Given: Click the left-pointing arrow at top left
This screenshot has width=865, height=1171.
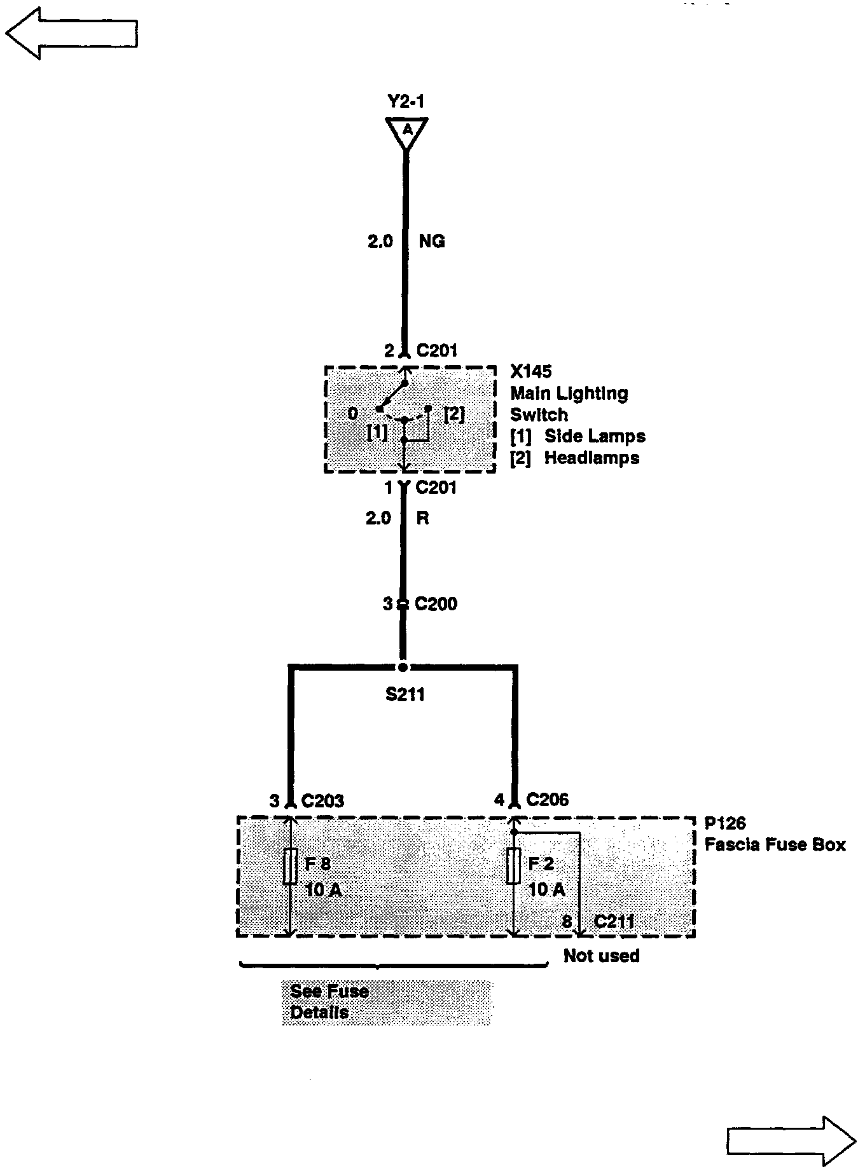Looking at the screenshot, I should click(71, 33).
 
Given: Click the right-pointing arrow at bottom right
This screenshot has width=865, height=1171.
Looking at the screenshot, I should click(791, 1142).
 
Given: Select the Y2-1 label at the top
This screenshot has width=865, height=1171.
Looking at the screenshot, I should click(406, 102).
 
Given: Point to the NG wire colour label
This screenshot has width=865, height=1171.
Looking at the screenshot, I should click(432, 242).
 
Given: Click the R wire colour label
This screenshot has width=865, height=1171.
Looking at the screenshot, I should click(422, 519).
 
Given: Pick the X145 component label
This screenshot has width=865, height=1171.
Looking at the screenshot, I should click(531, 371).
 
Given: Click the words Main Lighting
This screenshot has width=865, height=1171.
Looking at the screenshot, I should click(569, 394).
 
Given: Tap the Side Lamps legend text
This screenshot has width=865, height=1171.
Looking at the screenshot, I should click(594, 437).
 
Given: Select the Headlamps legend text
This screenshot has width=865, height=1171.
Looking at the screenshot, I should click(592, 458).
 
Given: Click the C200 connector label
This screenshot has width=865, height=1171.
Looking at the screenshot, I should click(436, 604).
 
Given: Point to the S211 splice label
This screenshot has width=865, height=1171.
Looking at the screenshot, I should click(405, 695).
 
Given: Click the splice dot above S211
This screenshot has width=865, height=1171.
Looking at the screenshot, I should click(403, 668).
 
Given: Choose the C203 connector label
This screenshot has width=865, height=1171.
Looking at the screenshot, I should click(322, 800).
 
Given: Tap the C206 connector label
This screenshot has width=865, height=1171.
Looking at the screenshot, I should click(548, 800).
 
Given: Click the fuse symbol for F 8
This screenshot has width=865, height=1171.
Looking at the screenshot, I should click(290, 866).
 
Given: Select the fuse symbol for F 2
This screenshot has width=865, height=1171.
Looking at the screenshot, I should click(514, 866).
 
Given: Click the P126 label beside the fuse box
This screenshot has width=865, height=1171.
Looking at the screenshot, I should click(725, 823).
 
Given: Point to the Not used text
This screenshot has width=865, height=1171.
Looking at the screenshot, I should click(601, 956).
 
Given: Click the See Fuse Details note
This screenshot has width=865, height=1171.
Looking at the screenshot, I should click(329, 1002).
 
